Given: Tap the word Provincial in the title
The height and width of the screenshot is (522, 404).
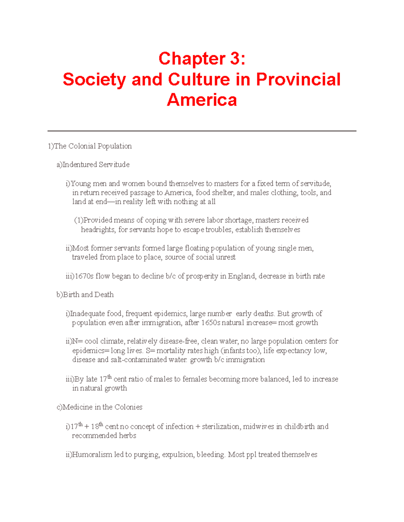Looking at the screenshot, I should (x=298, y=80).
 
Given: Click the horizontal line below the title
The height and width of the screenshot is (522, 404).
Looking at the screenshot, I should (x=202, y=131).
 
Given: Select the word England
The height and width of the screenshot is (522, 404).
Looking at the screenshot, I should (x=242, y=276).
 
